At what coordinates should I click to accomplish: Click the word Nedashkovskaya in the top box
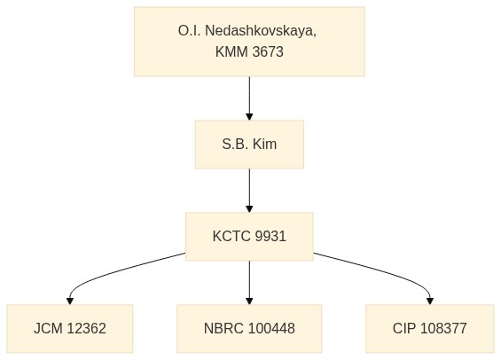pos(261,31)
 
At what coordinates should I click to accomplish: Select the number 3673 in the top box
pos(268,51)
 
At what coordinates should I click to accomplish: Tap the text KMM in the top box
pos(231,51)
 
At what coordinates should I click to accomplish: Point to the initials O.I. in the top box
pos(190,31)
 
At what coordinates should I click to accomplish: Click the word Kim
pos(264,144)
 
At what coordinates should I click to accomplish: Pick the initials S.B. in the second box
pos(235,144)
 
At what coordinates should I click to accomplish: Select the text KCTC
pos(231,237)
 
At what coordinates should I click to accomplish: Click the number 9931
pos(270,237)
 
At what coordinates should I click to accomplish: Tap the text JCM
pos(48,328)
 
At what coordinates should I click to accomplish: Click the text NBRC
pos(223,328)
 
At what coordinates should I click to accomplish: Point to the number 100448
pos(271,328)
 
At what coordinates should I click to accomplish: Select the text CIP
pos(404,328)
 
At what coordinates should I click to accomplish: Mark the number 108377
pos(443,328)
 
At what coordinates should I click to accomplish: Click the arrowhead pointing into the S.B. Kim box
pos(249,116)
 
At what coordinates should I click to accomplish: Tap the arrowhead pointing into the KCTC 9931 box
pos(249,209)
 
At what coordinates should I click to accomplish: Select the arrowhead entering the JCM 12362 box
pos(70,301)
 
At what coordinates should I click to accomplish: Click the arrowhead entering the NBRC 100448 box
pos(249,301)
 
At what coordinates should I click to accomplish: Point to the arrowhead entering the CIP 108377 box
pos(430,301)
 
